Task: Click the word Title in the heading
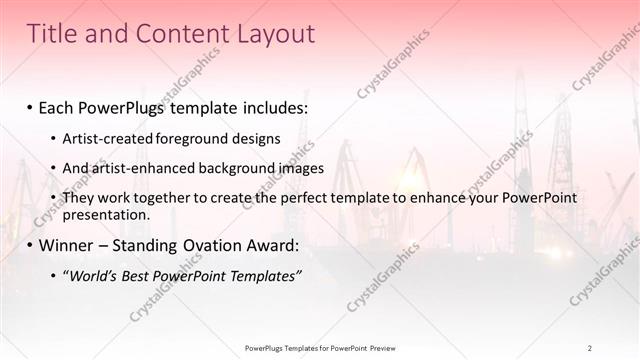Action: click(52, 34)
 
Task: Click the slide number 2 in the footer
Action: click(590, 348)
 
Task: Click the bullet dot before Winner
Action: click(30, 244)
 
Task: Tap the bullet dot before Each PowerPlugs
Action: click(30, 105)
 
